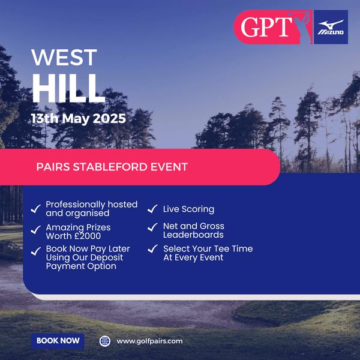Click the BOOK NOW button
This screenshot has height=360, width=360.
[x=58, y=341]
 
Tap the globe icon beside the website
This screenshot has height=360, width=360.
[x=105, y=341]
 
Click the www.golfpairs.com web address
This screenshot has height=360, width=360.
[x=149, y=341]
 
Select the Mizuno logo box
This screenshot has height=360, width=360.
[x=331, y=28]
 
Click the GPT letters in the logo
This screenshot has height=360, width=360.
[x=265, y=28]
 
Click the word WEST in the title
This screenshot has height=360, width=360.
[x=64, y=58]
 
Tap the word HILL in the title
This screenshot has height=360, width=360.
[x=68, y=88]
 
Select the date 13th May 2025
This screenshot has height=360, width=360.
[x=79, y=118]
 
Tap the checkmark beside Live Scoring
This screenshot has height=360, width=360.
[x=153, y=209]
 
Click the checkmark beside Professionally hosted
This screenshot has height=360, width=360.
[x=35, y=209]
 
